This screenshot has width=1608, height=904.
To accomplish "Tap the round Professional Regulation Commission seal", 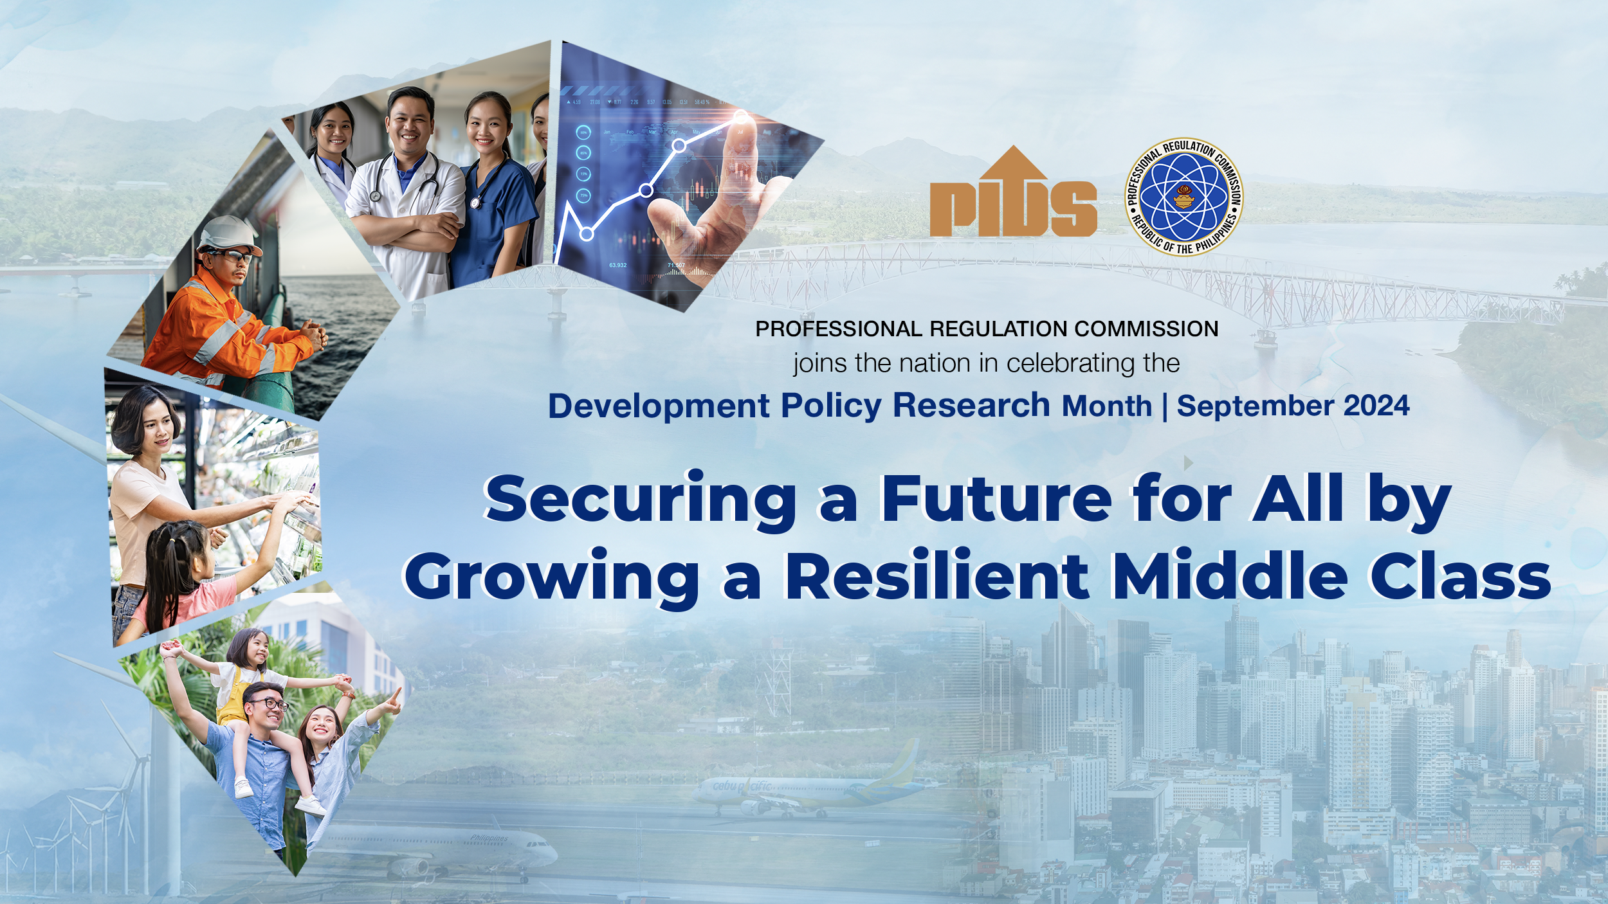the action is click(x=1183, y=197).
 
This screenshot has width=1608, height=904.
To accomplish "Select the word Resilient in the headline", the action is click(x=936, y=575).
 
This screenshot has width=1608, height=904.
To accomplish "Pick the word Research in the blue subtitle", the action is click(x=971, y=405).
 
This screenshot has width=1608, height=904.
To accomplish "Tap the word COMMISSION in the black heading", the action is click(x=1146, y=329).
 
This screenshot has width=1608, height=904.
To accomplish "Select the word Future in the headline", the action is click(x=996, y=499).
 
